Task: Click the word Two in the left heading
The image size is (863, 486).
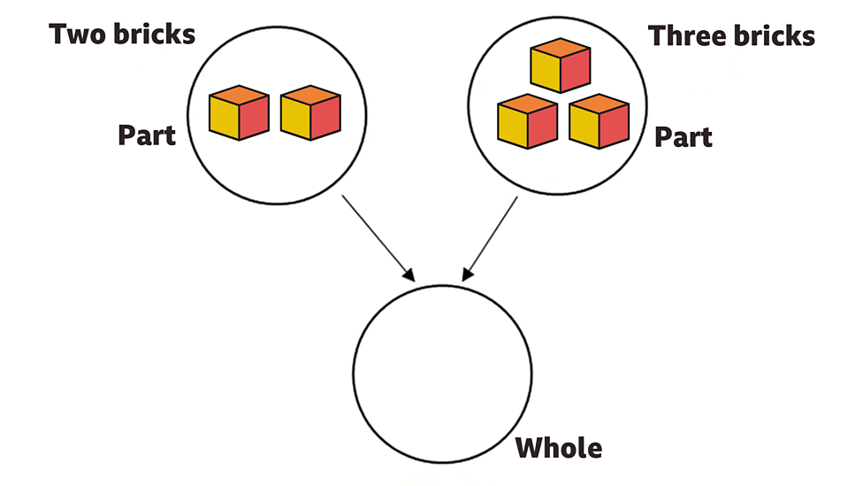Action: [77, 35]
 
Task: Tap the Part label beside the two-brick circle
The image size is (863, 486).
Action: [147, 135]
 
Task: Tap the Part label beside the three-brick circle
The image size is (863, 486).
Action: [684, 137]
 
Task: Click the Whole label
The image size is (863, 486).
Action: [559, 448]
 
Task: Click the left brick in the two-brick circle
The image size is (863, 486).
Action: [239, 112]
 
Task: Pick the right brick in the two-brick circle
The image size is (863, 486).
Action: [310, 112]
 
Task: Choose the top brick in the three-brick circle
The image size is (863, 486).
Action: [560, 66]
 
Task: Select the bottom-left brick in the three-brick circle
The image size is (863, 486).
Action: [527, 121]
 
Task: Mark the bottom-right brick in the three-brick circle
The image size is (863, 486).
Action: [600, 121]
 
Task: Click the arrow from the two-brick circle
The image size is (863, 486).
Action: [376, 235]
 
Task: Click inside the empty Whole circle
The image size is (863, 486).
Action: [442, 372]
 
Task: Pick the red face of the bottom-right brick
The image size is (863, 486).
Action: [615, 127]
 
